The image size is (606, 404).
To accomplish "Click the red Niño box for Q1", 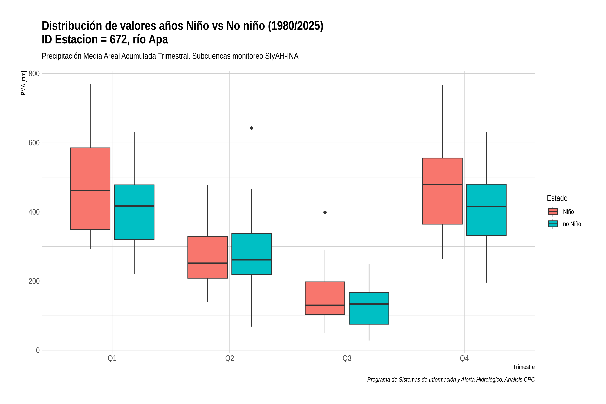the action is click(x=90, y=189).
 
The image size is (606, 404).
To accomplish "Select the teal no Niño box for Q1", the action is click(x=134, y=212).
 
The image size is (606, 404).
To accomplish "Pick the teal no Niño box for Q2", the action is click(x=252, y=254).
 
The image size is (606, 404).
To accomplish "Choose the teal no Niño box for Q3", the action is click(x=369, y=308).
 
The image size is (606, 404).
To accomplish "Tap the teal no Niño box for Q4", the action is click(x=486, y=210).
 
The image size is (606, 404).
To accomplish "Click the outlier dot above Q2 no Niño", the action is click(x=252, y=128).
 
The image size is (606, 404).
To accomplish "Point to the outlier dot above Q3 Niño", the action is click(x=325, y=212).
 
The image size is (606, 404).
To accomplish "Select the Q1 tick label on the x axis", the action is click(x=112, y=358).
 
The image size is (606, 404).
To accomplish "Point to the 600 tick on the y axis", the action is click(x=34, y=143).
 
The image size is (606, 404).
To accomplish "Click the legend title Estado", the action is click(x=557, y=198).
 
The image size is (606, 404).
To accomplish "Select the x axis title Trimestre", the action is click(x=524, y=367).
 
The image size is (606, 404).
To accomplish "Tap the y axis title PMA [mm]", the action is click(x=23, y=83).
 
